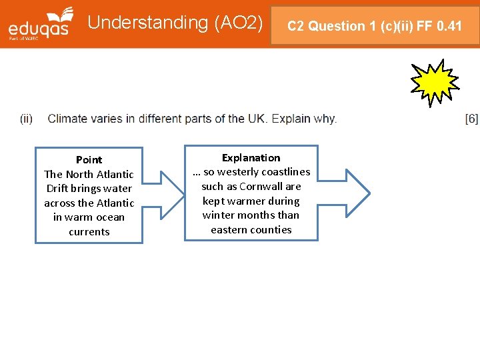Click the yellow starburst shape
point(434,82)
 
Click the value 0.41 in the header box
point(449,27)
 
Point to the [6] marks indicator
point(471,119)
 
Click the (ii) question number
point(26,119)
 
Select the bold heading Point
point(89,160)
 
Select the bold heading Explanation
point(251,158)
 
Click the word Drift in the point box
point(58,189)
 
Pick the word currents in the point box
point(89,232)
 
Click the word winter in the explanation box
point(217,215)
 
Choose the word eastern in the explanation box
point(227,230)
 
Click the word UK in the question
point(257,119)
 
